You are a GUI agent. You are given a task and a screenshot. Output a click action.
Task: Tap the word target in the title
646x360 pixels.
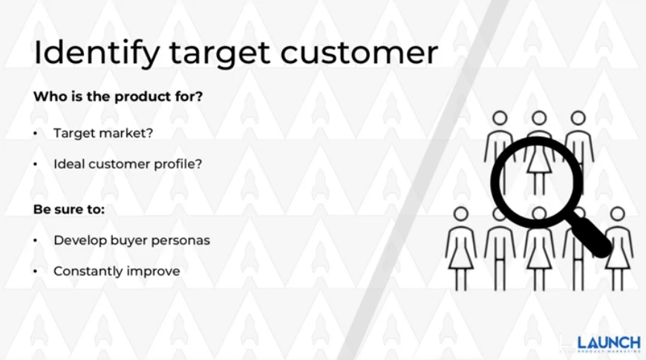(x=220, y=55)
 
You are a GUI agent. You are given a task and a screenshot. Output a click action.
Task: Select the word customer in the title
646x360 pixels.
(x=359, y=53)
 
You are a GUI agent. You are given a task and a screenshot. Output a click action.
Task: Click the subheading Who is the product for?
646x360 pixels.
(x=118, y=96)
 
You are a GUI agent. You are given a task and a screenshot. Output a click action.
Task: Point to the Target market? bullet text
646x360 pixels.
(x=103, y=133)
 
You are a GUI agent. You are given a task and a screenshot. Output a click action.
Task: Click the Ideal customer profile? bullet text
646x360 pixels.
(x=128, y=164)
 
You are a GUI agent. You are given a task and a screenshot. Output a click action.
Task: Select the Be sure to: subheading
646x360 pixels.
(x=69, y=209)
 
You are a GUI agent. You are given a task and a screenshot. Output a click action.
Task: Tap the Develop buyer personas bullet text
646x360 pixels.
(x=132, y=240)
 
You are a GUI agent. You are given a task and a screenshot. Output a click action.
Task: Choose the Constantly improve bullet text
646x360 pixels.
(x=117, y=271)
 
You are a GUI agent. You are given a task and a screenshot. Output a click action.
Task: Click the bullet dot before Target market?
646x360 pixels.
(x=36, y=133)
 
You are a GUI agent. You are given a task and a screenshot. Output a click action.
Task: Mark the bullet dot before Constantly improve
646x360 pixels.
(x=36, y=271)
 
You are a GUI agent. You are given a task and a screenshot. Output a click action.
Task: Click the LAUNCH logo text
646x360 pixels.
(x=609, y=343)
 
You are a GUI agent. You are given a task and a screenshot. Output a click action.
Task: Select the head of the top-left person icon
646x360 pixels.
(x=500, y=118)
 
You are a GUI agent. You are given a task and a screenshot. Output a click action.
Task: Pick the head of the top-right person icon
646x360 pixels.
(x=578, y=118)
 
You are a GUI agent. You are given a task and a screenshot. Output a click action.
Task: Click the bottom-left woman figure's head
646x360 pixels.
(x=460, y=215)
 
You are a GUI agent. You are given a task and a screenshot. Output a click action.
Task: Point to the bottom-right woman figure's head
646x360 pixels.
(x=617, y=215)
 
